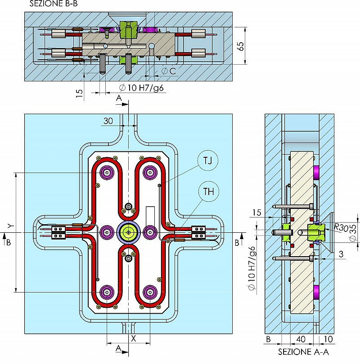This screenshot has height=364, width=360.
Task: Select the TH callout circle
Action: coord(208,192)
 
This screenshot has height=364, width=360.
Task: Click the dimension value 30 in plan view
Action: coord(108,121)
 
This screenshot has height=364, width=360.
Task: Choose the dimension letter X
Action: coord(133,338)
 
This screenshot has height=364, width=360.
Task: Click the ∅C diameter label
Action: coord(168,71)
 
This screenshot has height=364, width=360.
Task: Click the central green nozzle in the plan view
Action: coord(129,232)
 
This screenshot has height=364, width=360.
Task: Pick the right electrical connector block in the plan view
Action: coord(198,232)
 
